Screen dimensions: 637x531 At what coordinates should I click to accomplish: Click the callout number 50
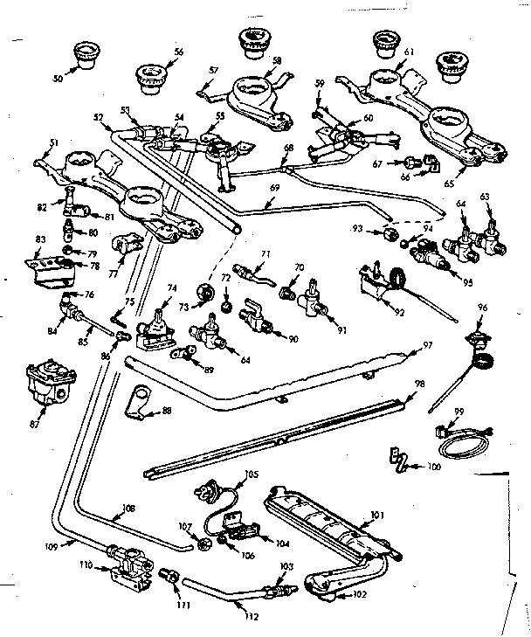59,79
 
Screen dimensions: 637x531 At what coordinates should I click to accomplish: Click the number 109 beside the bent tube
52,547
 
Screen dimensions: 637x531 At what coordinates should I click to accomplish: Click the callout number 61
408,52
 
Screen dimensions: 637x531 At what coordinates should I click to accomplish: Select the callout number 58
276,60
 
